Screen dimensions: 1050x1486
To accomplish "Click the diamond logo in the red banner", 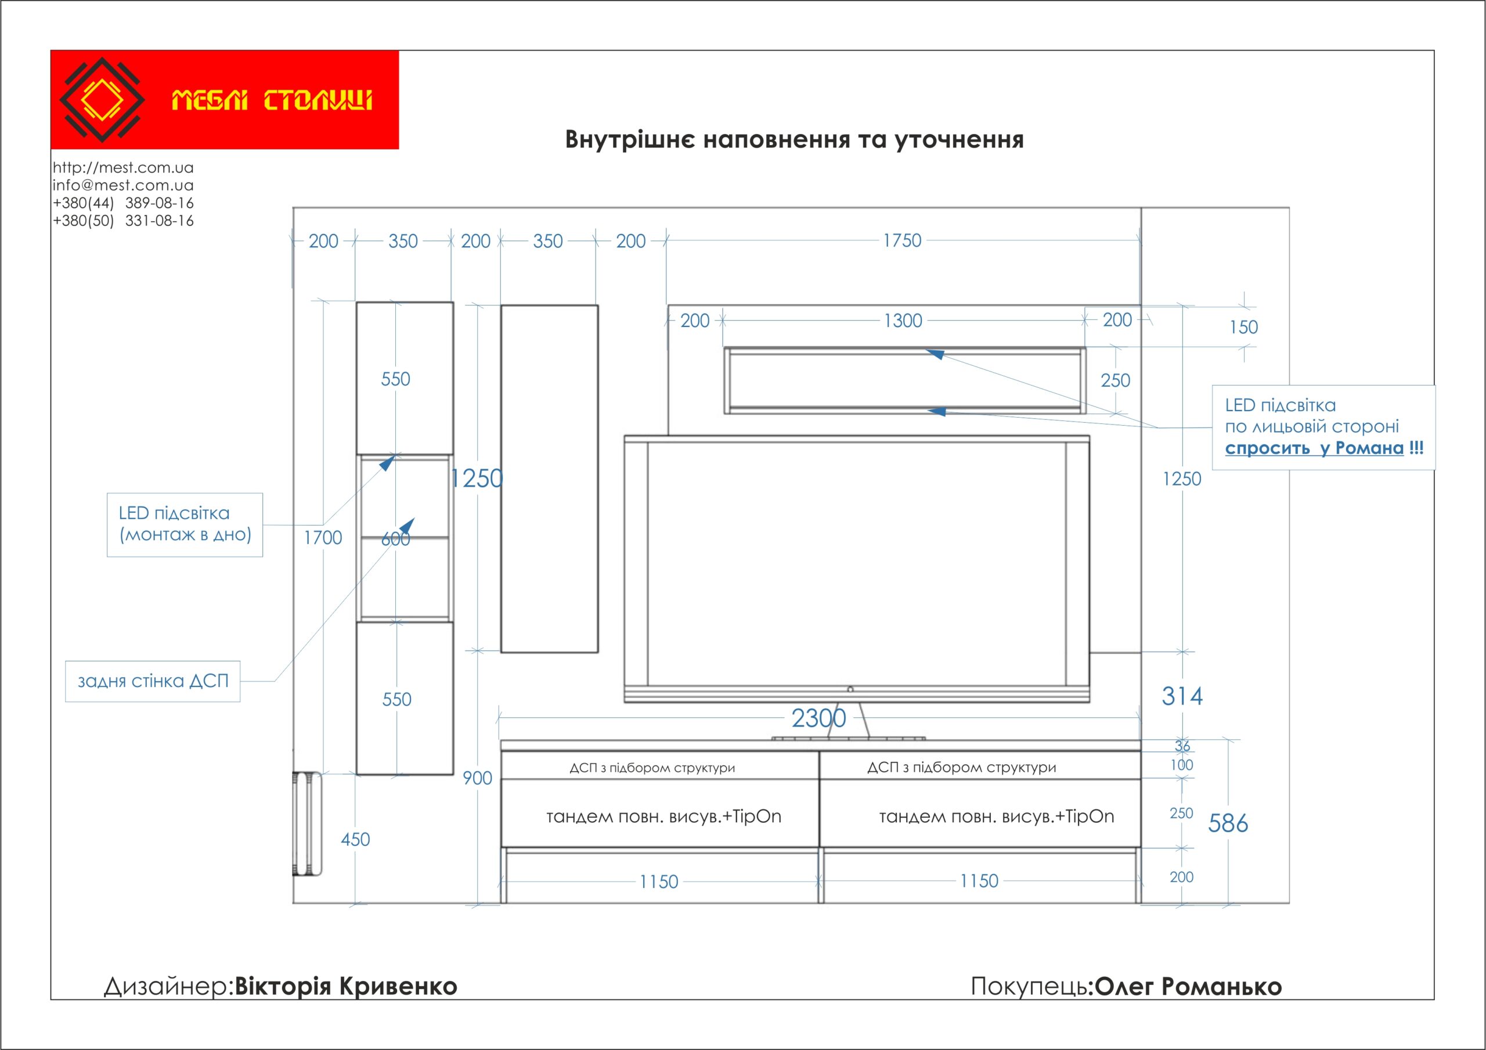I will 102,100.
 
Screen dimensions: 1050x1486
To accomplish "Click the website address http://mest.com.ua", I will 123,168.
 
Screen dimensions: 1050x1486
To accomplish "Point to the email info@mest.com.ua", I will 123,185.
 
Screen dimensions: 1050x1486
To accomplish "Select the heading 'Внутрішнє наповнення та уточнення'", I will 794,140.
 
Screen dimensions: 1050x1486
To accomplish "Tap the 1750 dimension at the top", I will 902,241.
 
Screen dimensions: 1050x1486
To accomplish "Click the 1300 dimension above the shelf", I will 903,321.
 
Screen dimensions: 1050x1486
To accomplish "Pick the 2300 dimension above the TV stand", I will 818,718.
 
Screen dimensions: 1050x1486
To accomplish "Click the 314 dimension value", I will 1182,696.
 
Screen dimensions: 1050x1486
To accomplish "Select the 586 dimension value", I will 1228,824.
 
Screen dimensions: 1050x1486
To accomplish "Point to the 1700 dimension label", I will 323,537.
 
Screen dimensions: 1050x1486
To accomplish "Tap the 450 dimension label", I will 355,840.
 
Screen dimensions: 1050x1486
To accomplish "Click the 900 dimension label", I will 478,778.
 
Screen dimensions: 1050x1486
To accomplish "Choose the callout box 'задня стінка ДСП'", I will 153,681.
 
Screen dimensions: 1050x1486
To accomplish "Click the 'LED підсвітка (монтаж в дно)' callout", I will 185,524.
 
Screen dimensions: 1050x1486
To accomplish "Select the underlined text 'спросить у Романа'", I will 1314,448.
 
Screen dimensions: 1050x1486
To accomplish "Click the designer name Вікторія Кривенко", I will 345,987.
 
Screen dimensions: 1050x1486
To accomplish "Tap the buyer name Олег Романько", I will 1188,987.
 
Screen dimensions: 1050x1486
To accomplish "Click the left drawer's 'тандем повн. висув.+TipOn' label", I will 663,817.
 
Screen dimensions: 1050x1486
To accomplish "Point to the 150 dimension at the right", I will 1243,328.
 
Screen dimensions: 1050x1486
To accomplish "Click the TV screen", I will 856,563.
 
